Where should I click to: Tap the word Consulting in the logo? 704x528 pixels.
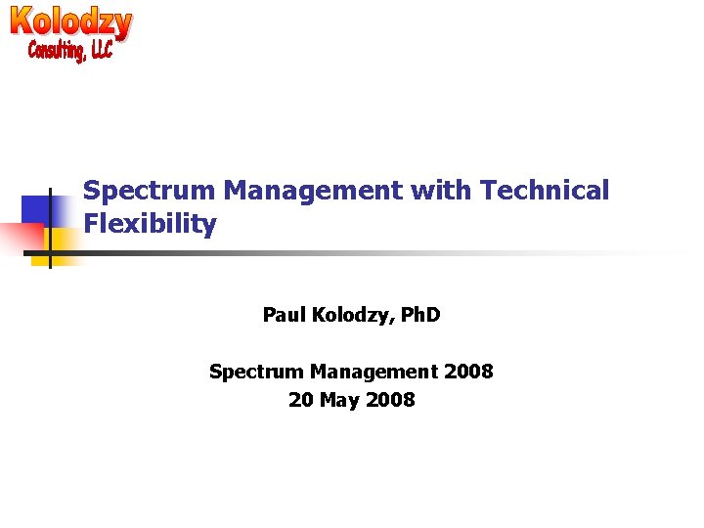point(55,49)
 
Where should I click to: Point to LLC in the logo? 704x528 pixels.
point(100,48)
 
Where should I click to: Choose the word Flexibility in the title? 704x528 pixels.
point(150,224)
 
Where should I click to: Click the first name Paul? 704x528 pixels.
point(284,315)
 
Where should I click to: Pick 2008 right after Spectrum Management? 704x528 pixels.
point(468,372)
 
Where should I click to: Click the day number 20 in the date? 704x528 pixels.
point(300,400)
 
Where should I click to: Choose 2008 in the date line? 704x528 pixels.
point(390,400)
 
